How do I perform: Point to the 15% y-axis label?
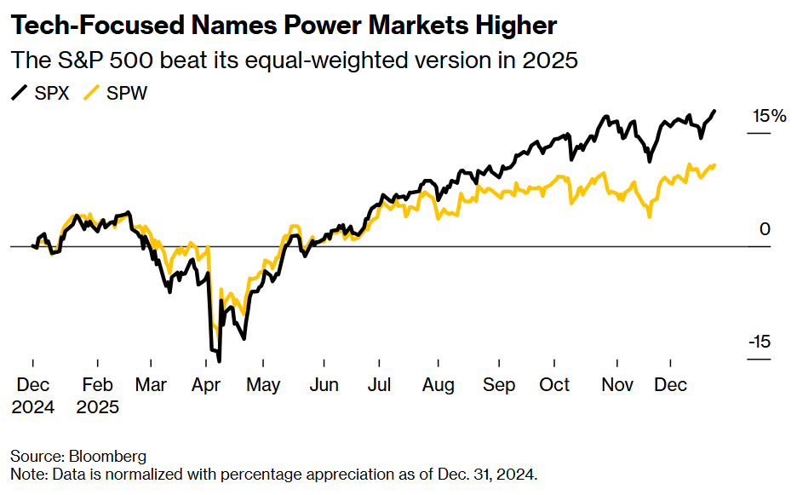pyautogui.click(x=767, y=117)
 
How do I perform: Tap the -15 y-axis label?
pyautogui.click(x=760, y=342)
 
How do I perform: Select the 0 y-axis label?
pyautogui.click(x=764, y=229)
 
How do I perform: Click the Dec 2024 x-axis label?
pyautogui.click(x=32, y=395)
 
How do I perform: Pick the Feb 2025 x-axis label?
pyautogui.click(x=97, y=395)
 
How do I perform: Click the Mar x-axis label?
pyautogui.click(x=151, y=385)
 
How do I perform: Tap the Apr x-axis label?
pyautogui.click(x=206, y=385)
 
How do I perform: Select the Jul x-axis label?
pyautogui.click(x=379, y=385)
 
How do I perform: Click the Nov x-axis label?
pyautogui.click(x=616, y=385)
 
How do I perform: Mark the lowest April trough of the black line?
pyautogui.click(x=218, y=360)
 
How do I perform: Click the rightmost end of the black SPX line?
pyautogui.click(x=714, y=111)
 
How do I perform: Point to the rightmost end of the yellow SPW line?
pyautogui.click(x=714, y=164)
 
